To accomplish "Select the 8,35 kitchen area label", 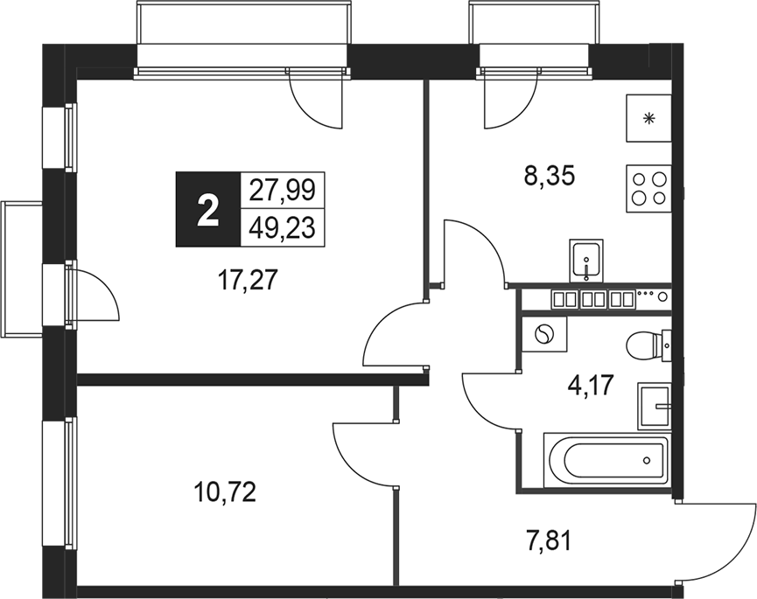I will coord(548,178).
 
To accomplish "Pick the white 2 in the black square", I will coord(207,209).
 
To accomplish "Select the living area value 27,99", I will coord(282,190).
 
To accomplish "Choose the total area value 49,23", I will coord(282,228).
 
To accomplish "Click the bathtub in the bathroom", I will coord(606,460).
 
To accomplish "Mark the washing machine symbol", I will coord(543,334).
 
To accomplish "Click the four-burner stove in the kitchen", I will coord(648,187).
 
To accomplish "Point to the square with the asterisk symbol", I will coord(648,118).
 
